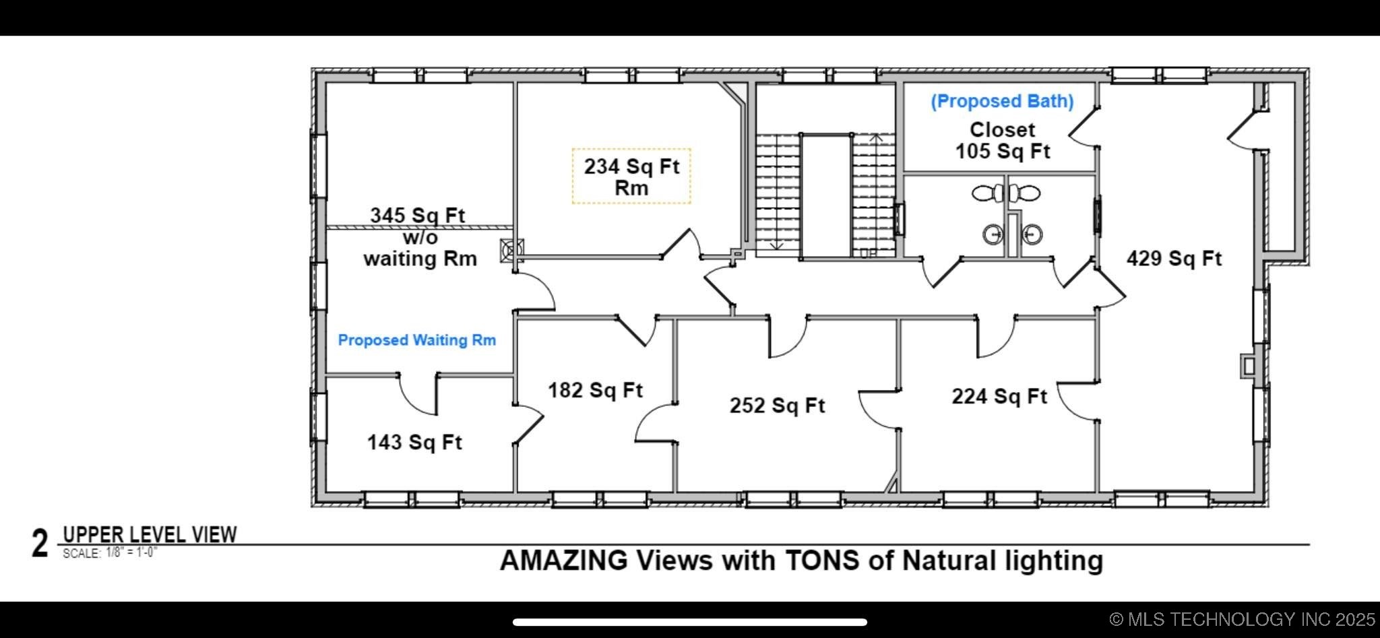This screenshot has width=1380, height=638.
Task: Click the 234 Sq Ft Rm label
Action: pyautogui.click(x=631, y=177)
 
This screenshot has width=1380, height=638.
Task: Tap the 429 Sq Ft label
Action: pyautogui.click(x=1174, y=258)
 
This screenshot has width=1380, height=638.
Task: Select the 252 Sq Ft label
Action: pyautogui.click(x=777, y=405)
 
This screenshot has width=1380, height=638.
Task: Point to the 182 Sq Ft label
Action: pyautogui.click(x=595, y=389)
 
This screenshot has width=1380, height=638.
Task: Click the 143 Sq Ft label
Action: pyautogui.click(x=414, y=442)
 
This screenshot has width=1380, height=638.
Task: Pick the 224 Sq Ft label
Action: pyautogui.click(x=999, y=395)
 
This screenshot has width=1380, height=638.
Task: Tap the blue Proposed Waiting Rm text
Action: pyautogui.click(x=417, y=340)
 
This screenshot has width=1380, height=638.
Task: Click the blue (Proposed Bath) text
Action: pyautogui.click(x=1002, y=101)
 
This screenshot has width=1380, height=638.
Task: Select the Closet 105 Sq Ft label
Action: pyautogui.click(x=1003, y=140)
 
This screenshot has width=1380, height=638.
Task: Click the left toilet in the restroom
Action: pyautogui.click(x=988, y=193)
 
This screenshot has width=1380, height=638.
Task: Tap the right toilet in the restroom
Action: pyautogui.click(x=1024, y=193)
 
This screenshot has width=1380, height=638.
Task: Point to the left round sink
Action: pyautogui.click(x=993, y=234)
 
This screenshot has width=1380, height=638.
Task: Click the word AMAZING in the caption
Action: pyautogui.click(x=563, y=561)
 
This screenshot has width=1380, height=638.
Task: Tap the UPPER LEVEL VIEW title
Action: pyautogui.click(x=150, y=535)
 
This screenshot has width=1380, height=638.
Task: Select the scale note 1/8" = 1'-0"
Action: pyautogui.click(x=131, y=553)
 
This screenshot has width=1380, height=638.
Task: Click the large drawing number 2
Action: pyautogui.click(x=40, y=544)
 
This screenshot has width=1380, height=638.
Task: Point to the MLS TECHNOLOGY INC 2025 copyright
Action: pyautogui.click(x=1243, y=619)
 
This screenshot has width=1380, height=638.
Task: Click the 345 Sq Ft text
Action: pyautogui.click(x=417, y=216)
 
